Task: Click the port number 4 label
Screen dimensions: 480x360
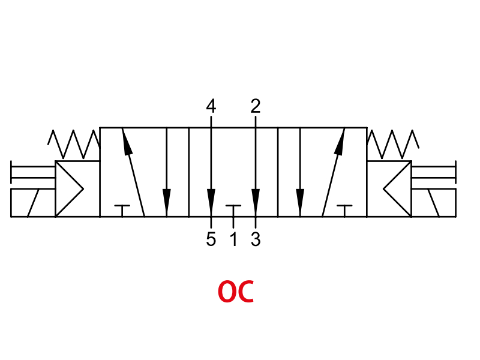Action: [x=211, y=106]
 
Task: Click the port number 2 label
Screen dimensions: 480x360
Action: [x=256, y=106]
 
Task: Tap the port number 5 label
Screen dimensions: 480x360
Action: [x=211, y=239]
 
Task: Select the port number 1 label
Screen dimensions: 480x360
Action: [x=234, y=239]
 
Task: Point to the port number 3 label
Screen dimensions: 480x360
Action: [x=256, y=239]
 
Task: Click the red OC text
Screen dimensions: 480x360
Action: [x=236, y=292]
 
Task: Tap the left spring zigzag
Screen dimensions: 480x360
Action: [x=73, y=144]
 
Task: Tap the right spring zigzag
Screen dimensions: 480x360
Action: [x=393, y=144]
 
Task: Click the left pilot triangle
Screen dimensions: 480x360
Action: [x=69, y=189]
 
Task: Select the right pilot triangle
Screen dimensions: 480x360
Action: [x=397, y=189]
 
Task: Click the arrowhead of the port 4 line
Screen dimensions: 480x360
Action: [x=211, y=200]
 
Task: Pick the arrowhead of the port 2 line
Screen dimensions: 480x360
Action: [x=256, y=200]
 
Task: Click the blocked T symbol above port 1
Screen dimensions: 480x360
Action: [x=233, y=211]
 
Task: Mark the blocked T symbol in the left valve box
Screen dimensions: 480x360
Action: [x=122, y=211]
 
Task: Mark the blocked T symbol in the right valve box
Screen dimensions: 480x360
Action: [x=344, y=211]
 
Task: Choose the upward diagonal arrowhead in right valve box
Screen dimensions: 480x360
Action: [x=340, y=141]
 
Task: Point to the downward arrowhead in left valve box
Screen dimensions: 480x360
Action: [x=167, y=200]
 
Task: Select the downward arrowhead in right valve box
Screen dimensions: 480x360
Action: [x=301, y=200]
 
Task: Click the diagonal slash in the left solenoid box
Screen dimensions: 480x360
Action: [x=34, y=203]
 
